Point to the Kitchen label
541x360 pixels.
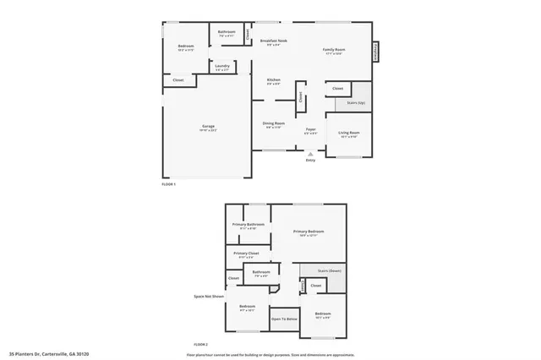(274, 81)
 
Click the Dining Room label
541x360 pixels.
(274, 124)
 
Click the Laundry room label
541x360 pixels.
(222, 68)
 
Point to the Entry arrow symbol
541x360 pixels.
(310, 153)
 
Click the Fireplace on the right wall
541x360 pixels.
(375, 51)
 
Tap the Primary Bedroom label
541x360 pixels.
(309, 232)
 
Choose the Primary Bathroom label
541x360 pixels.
(250, 226)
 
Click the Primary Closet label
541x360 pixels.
(246, 254)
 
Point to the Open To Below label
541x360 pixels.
(284, 319)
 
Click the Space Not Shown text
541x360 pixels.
(207, 297)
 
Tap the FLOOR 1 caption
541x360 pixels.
(168, 183)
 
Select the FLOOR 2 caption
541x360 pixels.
(200, 345)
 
